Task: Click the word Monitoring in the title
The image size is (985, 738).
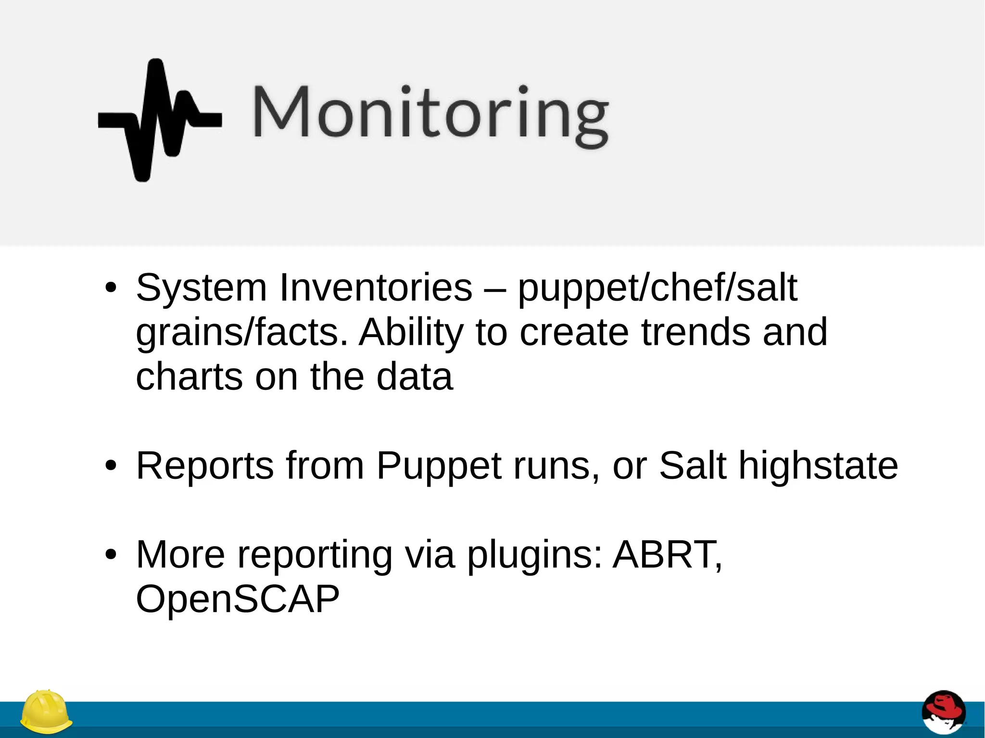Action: [430, 113]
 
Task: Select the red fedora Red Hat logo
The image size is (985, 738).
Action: [943, 713]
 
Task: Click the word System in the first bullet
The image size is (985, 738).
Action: [201, 288]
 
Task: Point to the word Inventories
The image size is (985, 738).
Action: [376, 288]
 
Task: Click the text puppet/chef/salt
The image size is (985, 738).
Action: [657, 288]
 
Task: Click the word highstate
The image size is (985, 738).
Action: [818, 466]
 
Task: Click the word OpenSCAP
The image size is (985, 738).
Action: [238, 599]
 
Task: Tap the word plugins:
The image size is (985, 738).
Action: [534, 556]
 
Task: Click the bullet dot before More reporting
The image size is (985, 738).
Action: [111, 555]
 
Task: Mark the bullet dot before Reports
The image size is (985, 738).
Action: [111, 466]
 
